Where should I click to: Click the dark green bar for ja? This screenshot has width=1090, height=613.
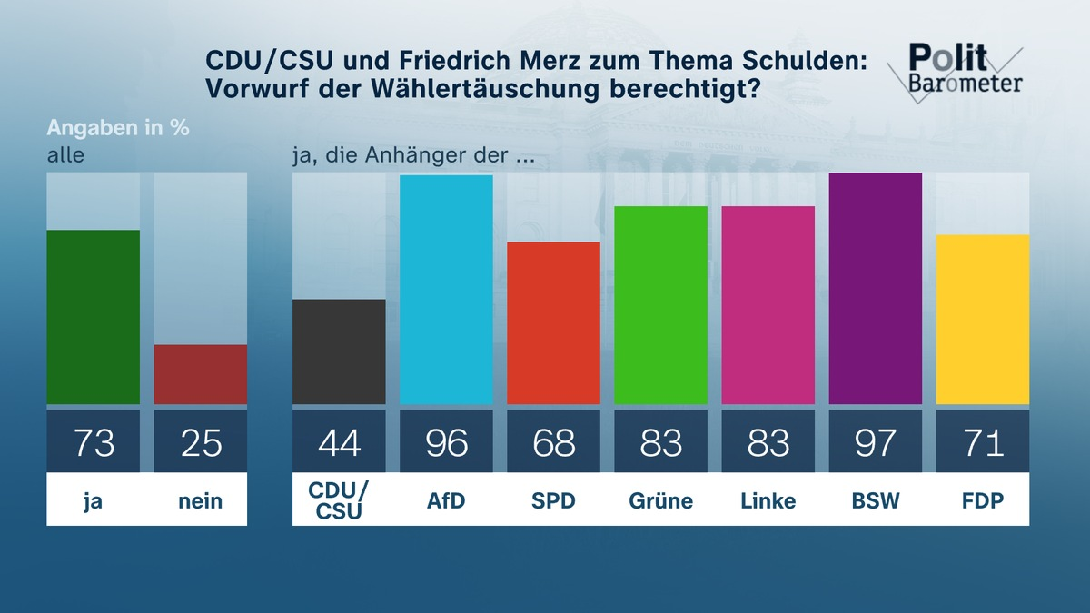93,317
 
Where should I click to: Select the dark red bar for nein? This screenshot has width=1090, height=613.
200,374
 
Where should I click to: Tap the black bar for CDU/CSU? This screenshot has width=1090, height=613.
339,351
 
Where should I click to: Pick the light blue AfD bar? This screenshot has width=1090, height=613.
446,290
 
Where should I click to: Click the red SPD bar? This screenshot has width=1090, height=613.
553,323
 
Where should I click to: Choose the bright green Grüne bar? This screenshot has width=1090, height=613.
660,305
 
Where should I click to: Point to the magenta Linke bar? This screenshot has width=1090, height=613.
768,305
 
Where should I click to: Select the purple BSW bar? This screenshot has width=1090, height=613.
875,289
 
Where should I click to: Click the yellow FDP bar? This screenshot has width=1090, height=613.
982,320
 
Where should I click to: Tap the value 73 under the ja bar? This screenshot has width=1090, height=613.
93,442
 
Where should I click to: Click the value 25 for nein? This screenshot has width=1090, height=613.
200,442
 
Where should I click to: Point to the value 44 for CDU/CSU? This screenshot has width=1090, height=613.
339,442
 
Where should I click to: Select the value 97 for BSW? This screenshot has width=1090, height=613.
875,442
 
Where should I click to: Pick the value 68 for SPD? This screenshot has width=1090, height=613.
553,442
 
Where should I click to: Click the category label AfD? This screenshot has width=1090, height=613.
446,500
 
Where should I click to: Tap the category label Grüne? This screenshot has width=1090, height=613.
660,500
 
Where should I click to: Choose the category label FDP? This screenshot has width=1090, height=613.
982,500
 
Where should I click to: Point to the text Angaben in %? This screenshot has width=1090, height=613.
118,127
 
